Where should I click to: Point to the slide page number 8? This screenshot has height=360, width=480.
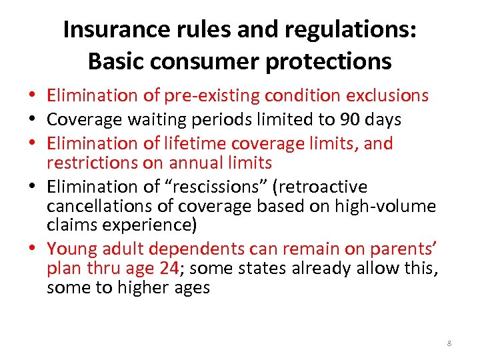point(449,343)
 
